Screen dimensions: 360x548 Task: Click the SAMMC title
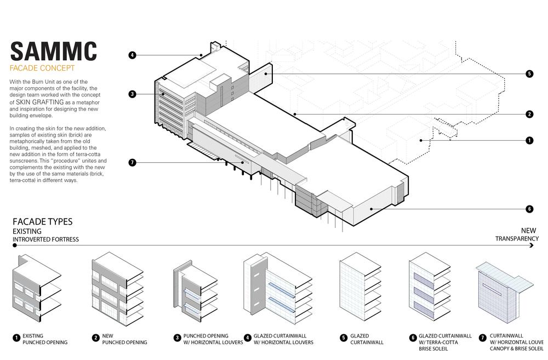point(53,50)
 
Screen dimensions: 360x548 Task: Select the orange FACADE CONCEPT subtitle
point(42,69)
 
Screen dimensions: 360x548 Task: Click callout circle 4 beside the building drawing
point(133,55)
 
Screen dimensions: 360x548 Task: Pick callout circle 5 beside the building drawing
point(529,74)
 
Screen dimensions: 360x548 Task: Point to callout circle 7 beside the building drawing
point(133,162)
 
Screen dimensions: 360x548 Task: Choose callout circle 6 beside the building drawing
point(529,209)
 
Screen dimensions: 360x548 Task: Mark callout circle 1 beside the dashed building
point(529,140)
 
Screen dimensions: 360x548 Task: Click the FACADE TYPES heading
point(42,222)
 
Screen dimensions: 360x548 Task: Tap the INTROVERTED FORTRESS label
point(45,239)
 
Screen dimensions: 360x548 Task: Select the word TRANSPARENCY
point(517,238)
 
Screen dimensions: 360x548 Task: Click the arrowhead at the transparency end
point(532,247)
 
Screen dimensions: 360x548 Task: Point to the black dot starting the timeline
point(15,247)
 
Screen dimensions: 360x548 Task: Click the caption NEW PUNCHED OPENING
point(123,339)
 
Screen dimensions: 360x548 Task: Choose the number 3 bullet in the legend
point(177,339)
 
